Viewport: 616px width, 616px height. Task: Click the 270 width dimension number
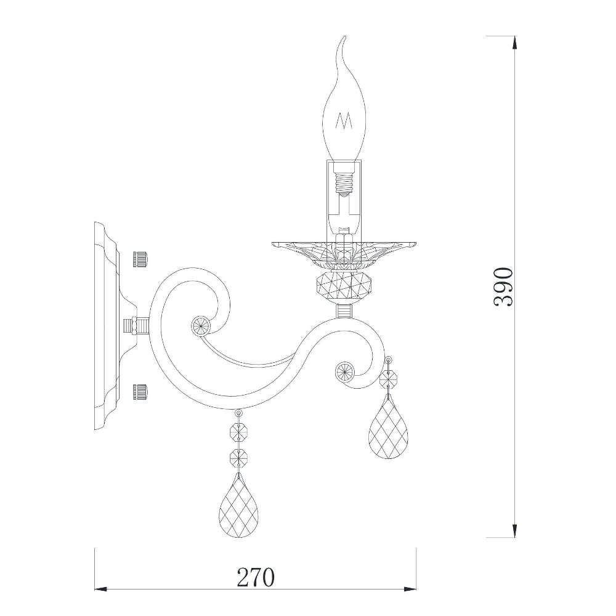tap(255, 577)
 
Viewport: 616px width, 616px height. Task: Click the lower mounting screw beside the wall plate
tap(141, 390)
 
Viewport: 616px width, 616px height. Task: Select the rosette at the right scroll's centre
tap(343, 371)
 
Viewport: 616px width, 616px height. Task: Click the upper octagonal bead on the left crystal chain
tap(238, 432)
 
